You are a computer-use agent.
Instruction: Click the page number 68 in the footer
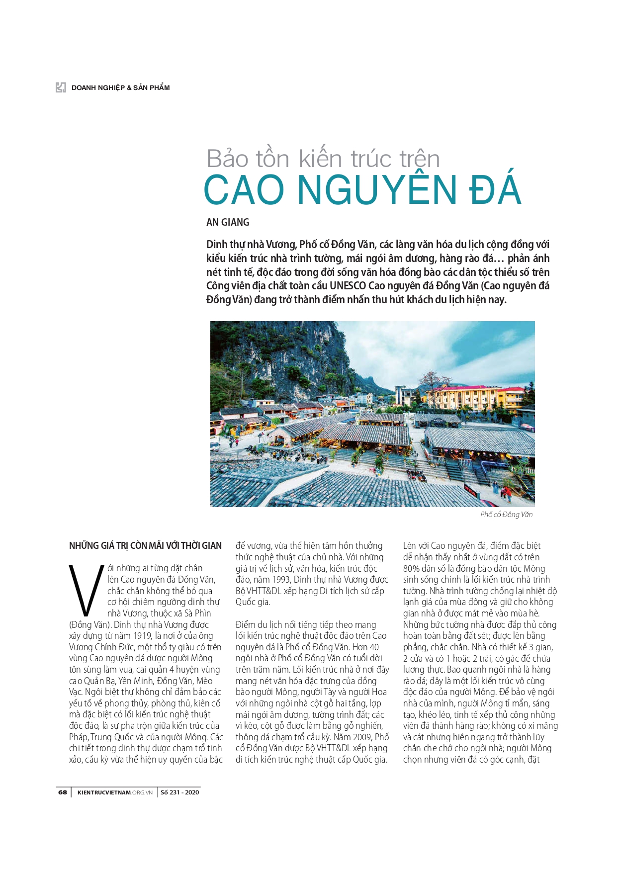click(63, 792)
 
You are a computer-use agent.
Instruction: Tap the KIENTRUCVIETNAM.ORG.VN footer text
click(115, 792)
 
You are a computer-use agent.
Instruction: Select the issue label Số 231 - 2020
click(179, 792)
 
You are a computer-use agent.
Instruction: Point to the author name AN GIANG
click(228, 222)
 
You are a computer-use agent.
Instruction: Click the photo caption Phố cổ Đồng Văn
click(506, 515)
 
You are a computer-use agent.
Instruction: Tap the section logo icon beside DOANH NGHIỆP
click(61, 87)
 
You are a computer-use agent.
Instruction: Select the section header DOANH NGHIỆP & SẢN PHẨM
click(120, 87)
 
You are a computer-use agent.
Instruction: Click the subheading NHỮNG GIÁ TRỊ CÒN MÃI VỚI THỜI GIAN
click(145, 545)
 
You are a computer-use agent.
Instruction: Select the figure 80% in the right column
click(412, 568)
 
